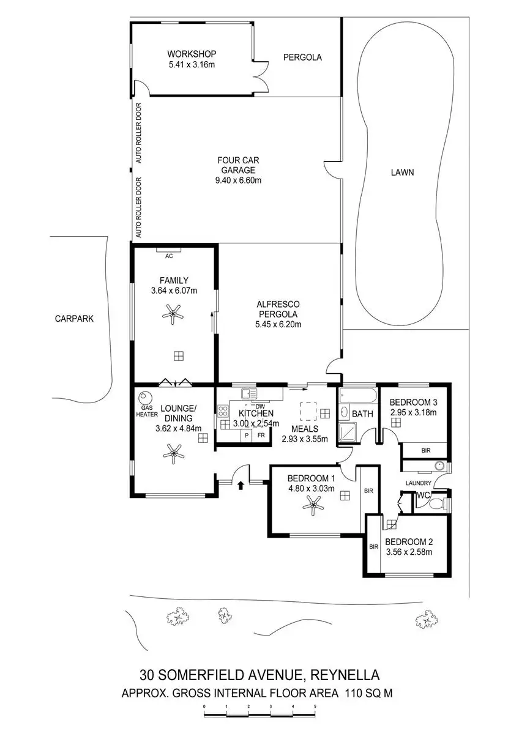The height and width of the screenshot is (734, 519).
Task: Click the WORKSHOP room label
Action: (192, 54)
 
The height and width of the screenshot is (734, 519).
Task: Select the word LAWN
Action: (402, 172)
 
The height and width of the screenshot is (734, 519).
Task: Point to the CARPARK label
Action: (74, 318)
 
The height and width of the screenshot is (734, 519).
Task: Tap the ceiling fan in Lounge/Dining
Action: (176, 453)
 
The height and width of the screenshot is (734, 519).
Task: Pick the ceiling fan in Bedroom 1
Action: (314, 504)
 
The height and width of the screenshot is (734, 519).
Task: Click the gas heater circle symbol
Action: (146, 397)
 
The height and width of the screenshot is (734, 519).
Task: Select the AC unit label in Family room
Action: (170, 256)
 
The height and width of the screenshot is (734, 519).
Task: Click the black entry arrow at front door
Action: (240, 486)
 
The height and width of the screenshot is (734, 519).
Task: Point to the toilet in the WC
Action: (436, 504)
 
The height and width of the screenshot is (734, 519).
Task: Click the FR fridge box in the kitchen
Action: (261, 435)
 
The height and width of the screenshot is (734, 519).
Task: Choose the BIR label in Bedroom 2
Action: (373, 546)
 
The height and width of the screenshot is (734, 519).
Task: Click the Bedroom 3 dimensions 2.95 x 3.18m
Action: (413, 412)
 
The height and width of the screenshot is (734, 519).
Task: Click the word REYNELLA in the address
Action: (345, 675)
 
